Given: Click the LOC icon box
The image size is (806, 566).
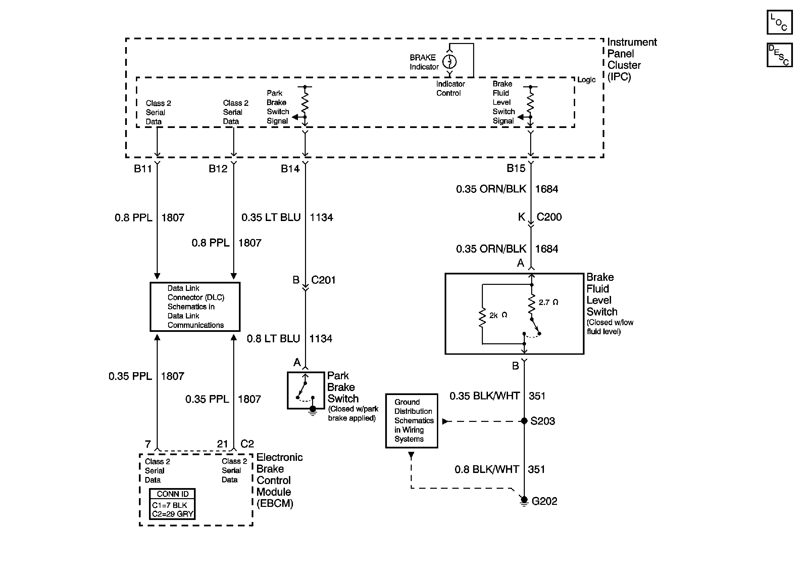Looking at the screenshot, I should coord(779,22).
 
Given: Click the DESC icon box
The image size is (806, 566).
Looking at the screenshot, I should coord(779,55).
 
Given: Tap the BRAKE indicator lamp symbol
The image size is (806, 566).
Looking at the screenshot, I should coord(449,62).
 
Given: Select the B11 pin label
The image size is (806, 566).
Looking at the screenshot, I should coord(143,169).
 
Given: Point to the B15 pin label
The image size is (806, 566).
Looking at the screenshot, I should coord(516,168).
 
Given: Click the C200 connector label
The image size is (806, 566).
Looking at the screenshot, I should coord(549,217).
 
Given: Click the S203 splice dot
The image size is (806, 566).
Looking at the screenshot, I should coord(524,421).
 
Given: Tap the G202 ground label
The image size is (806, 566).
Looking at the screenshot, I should coord(544,502).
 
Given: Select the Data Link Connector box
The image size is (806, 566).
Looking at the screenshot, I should coord(195,307).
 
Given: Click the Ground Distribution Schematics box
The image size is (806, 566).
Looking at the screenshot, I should coord(411,421).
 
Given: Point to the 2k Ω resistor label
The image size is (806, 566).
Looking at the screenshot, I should coord(498,315).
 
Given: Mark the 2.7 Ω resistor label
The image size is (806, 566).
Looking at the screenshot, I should coord(548,303).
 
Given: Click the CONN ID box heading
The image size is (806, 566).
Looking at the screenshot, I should coord(172,494).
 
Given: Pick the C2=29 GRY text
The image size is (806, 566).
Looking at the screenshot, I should coord(172,514).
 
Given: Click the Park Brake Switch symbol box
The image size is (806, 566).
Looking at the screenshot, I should coord(305,390).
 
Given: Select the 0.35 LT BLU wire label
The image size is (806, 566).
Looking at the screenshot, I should coord(271,217).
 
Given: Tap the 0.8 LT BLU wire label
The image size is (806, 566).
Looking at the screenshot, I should coord(273,339).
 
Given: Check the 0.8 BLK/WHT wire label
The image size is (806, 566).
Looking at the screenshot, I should coord(487,470).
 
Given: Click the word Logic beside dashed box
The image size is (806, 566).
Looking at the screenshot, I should coord(586,80).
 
